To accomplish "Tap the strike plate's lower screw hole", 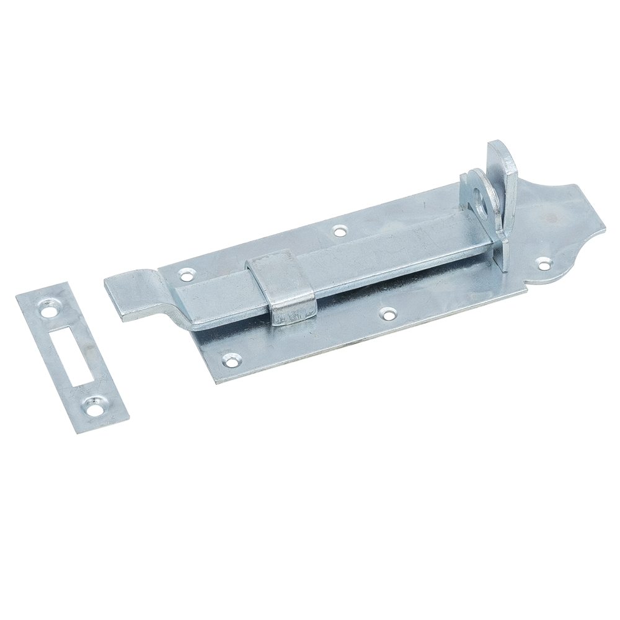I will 94,406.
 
